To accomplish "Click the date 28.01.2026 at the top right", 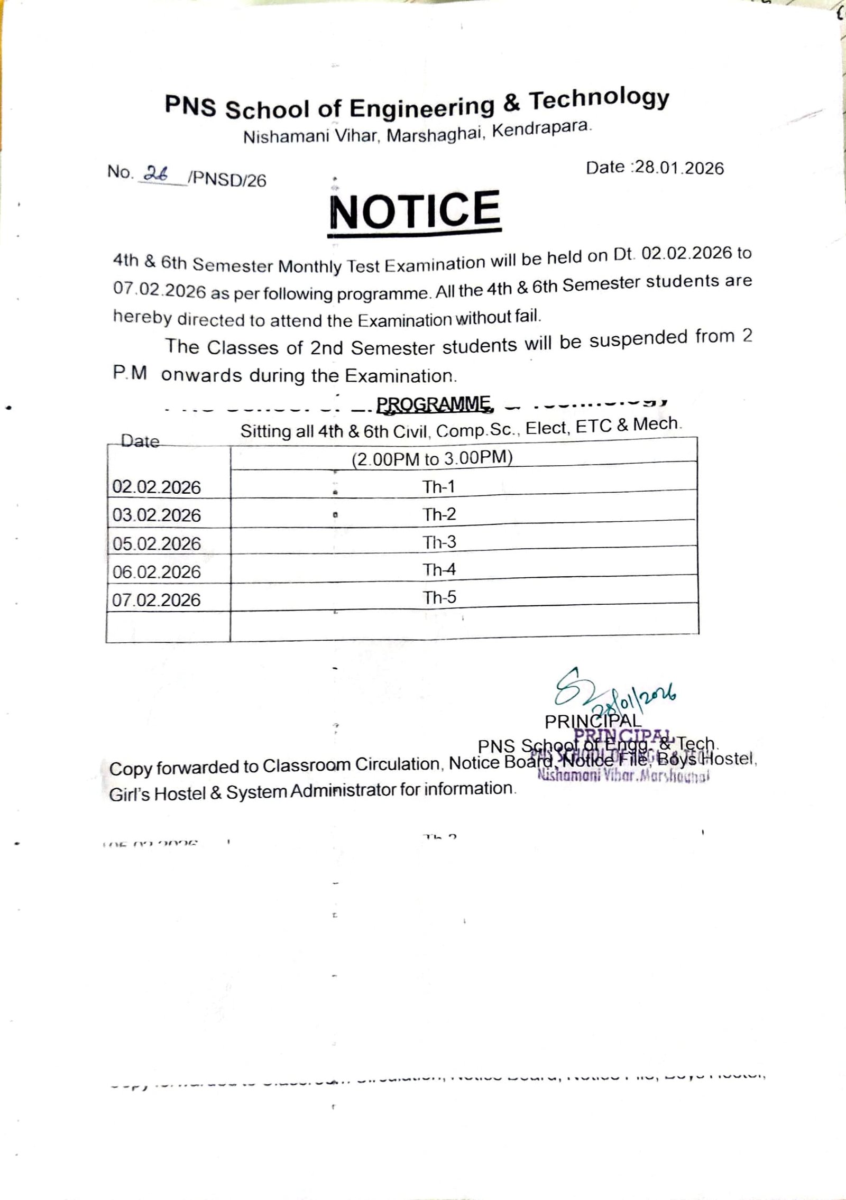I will coord(679,168).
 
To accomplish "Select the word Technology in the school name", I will coord(599,100).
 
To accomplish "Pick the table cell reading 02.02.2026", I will coord(157,487).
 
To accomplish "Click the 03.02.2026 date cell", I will coord(157,515).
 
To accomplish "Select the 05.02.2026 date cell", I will coord(157,543).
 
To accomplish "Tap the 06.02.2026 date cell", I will coord(157,571).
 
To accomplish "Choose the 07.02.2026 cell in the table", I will coord(157,599).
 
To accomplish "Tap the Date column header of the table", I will coord(140,441).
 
